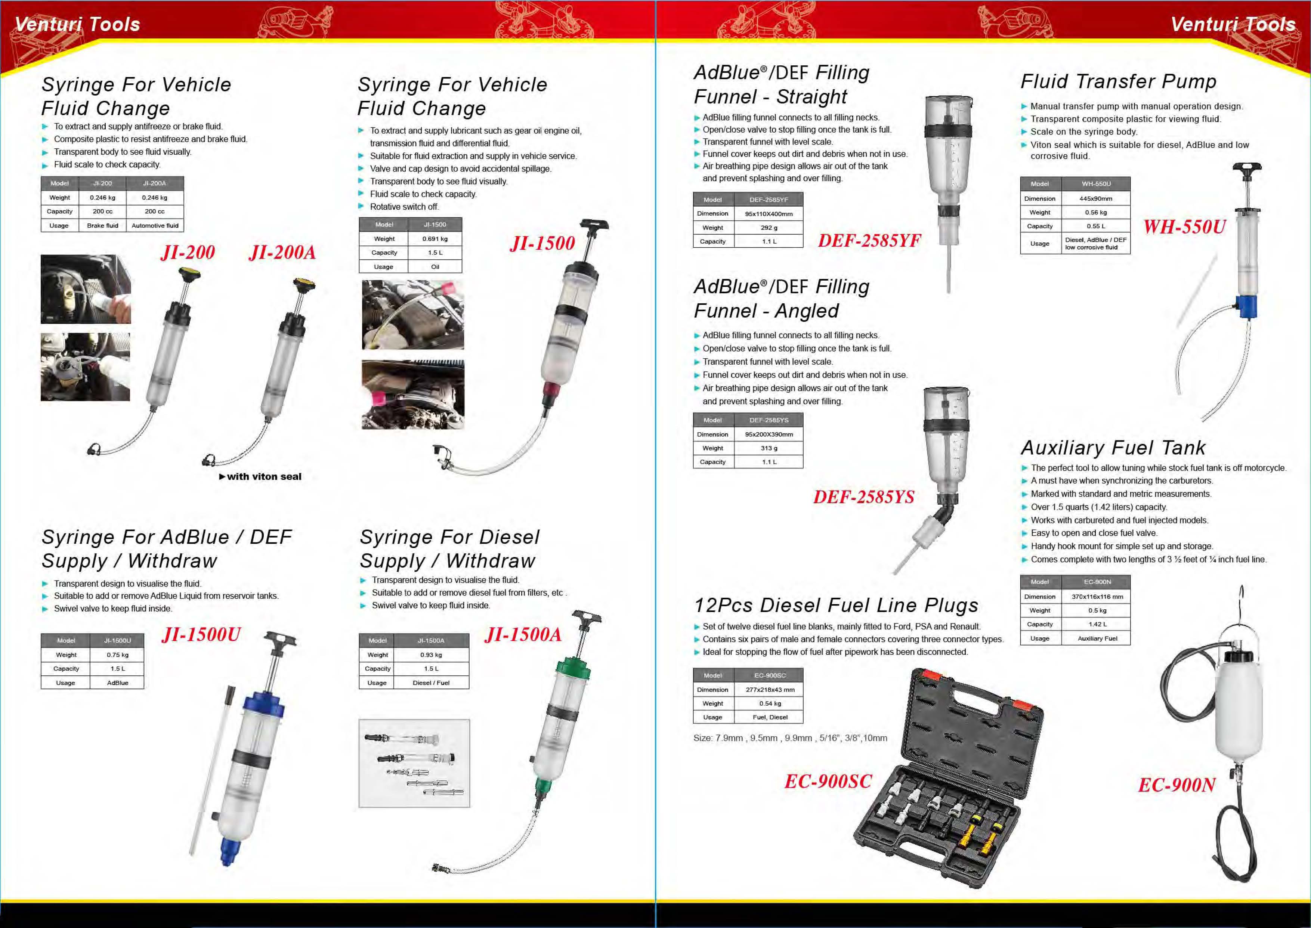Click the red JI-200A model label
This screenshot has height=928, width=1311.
(x=282, y=252)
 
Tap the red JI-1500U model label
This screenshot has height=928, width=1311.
(x=201, y=634)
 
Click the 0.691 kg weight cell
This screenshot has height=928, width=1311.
(x=435, y=239)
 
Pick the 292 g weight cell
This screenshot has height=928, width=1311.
(x=769, y=228)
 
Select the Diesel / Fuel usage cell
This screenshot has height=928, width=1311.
(x=431, y=683)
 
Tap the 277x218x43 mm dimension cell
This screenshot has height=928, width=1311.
(x=769, y=690)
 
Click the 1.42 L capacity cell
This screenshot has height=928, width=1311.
(x=1097, y=625)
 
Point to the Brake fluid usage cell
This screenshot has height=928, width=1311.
(x=102, y=226)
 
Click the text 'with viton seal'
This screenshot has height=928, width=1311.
(x=263, y=477)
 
